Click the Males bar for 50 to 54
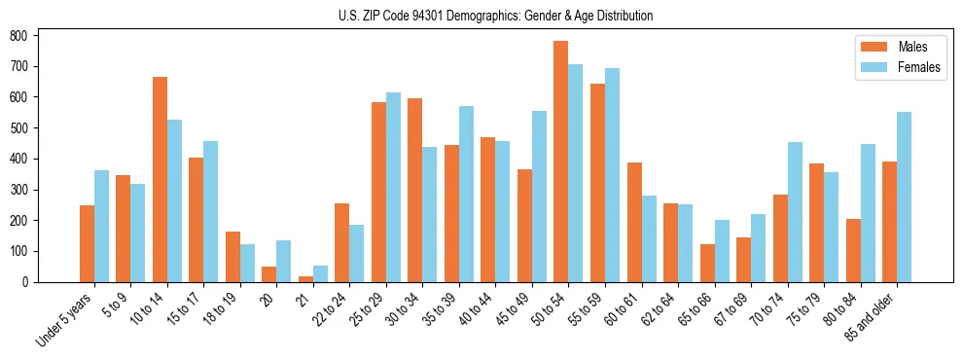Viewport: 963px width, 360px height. click(561, 162)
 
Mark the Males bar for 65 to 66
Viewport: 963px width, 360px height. click(707, 263)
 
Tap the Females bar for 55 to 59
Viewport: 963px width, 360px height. click(612, 175)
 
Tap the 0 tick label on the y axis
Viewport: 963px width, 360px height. click(31, 282)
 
